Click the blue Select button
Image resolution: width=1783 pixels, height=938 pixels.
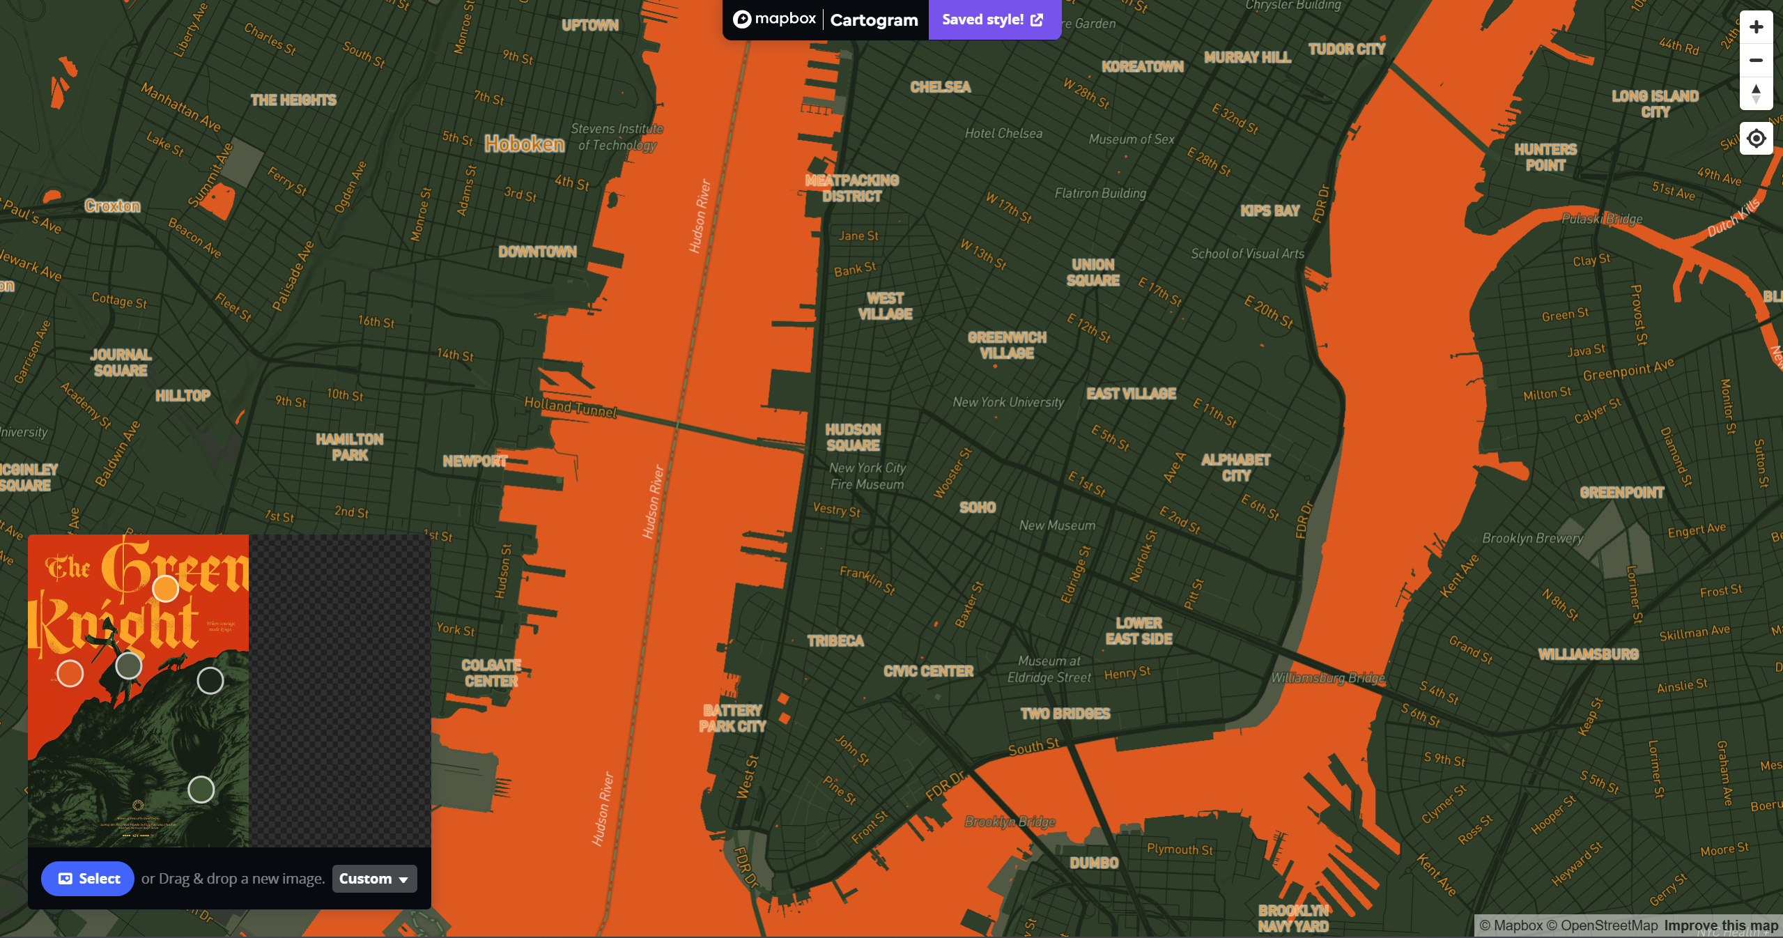click(x=88, y=879)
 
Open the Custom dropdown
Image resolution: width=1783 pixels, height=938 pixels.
click(x=374, y=879)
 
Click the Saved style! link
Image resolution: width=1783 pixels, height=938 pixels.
click(x=993, y=20)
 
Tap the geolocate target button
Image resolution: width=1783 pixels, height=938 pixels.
click(x=1756, y=139)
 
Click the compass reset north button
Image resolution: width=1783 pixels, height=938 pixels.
click(x=1756, y=94)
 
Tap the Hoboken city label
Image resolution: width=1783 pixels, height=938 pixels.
click(x=525, y=144)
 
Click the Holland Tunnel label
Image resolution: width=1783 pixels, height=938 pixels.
click(x=571, y=408)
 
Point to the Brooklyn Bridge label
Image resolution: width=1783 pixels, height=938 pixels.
click(x=1010, y=822)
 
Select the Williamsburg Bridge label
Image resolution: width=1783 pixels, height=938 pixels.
click(x=1328, y=678)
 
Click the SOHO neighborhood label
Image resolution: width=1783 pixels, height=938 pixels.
click(x=978, y=507)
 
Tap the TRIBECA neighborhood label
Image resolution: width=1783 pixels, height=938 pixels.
click(x=835, y=641)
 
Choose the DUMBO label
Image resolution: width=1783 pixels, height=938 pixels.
click(x=1094, y=863)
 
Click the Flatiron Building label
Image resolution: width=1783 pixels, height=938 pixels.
click(x=1100, y=193)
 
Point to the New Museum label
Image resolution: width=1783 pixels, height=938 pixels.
click(x=1057, y=525)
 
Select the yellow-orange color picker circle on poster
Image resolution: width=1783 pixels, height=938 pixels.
click(x=166, y=589)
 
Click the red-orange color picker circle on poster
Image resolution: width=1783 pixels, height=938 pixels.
click(x=70, y=673)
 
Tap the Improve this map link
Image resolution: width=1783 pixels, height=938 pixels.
click(x=1721, y=925)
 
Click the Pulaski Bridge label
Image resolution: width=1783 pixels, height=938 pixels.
click(x=1602, y=219)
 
